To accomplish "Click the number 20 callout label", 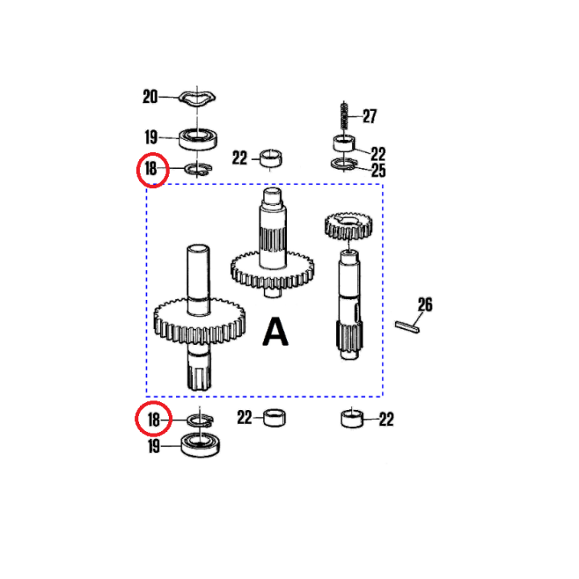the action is pyautogui.click(x=150, y=96).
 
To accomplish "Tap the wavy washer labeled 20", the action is pyautogui.click(x=197, y=97).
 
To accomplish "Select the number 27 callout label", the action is pyautogui.click(x=369, y=117).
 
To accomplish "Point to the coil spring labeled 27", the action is pyautogui.click(x=344, y=115).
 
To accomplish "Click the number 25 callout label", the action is pyautogui.click(x=379, y=170).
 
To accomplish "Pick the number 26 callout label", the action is pyautogui.click(x=425, y=305).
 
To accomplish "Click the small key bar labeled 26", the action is pyautogui.click(x=407, y=327).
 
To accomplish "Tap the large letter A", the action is pyautogui.click(x=275, y=331).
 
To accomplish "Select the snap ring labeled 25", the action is pyautogui.click(x=344, y=164).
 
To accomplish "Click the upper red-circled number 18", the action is pyautogui.click(x=151, y=169).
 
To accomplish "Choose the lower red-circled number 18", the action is pyautogui.click(x=154, y=420).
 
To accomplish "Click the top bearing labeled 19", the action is pyautogui.click(x=198, y=138).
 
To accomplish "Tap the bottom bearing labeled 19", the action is pyautogui.click(x=200, y=445).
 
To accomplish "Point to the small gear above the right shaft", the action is pyautogui.click(x=348, y=226).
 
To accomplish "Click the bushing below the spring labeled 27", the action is pyautogui.click(x=344, y=143).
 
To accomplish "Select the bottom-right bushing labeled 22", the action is pyautogui.click(x=351, y=419).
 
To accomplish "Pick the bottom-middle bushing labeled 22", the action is pyautogui.click(x=275, y=418).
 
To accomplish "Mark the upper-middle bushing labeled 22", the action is pyautogui.click(x=271, y=158).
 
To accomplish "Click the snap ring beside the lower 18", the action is pyautogui.click(x=200, y=421).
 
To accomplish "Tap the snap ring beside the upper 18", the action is pyautogui.click(x=199, y=169).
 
